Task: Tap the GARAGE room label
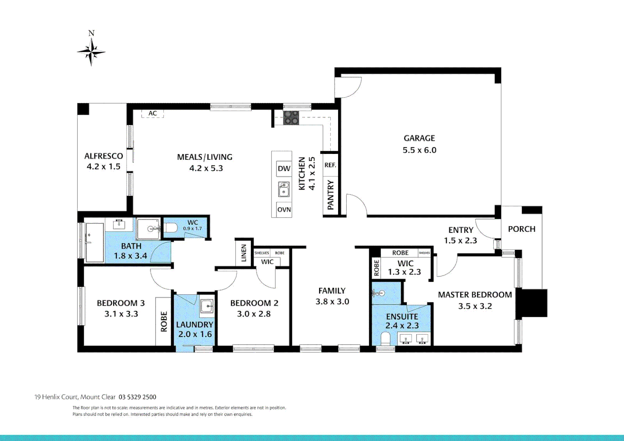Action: (419, 138)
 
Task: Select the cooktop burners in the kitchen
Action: (291, 118)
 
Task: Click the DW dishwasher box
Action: (284, 169)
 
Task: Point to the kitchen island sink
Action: (284, 189)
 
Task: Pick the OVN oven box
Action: (284, 209)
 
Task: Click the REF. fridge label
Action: (330, 165)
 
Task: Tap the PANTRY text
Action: (330, 195)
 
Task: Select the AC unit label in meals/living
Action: (153, 114)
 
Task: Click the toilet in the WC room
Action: (171, 228)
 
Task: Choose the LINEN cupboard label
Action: (244, 253)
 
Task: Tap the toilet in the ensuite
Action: (385, 339)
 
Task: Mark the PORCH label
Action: (521, 229)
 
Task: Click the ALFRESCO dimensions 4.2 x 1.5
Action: (103, 167)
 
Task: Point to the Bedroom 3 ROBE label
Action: (164, 321)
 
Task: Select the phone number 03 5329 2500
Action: (137, 397)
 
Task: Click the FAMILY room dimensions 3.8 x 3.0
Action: (332, 302)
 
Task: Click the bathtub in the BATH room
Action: (94, 242)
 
